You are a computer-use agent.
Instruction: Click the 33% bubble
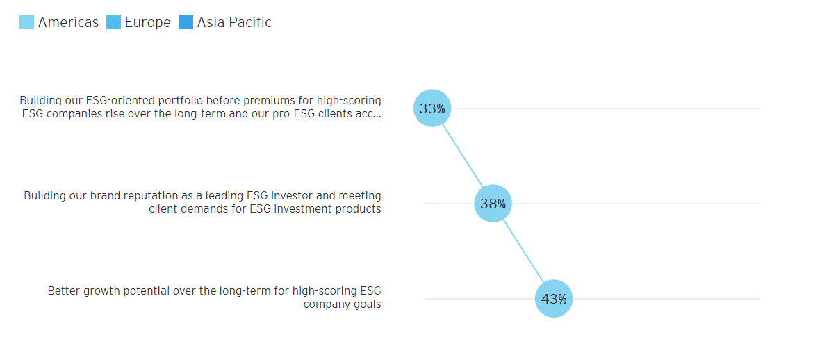click(432, 108)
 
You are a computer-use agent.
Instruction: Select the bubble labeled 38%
click(493, 204)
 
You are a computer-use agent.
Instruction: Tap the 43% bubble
click(554, 299)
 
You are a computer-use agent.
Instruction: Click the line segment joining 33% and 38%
click(462, 156)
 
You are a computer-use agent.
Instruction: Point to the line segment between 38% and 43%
click(523, 251)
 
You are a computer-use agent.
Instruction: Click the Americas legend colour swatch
click(27, 22)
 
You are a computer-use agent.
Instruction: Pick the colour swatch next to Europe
click(114, 22)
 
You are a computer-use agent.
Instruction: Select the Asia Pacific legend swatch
click(186, 22)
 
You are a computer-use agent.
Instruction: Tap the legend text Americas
click(68, 22)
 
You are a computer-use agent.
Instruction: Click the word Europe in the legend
click(147, 22)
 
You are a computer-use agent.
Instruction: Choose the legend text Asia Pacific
click(234, 22)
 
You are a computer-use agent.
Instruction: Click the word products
click(359, 208)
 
